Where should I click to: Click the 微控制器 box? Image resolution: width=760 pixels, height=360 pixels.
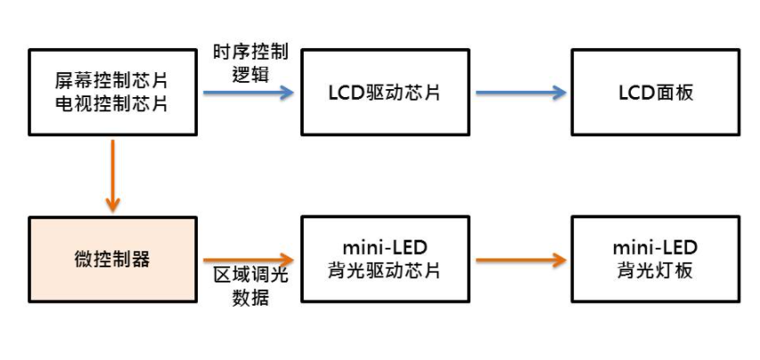112,258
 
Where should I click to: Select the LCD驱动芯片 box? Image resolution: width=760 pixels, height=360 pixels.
385,93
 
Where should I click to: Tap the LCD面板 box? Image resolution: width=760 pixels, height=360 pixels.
655,93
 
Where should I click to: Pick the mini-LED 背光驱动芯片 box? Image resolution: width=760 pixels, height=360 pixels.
385,258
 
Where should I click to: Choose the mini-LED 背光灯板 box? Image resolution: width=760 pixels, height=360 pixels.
655,258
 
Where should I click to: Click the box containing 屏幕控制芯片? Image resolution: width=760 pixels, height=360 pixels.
112,93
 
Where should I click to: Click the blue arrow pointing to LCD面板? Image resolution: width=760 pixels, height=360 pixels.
521,93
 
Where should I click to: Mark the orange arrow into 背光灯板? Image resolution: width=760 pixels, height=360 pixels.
521,259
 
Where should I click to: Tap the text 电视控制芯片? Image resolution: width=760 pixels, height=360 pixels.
112,104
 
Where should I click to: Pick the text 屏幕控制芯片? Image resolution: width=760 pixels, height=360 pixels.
112,82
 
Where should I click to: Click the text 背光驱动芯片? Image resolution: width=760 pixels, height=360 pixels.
385,270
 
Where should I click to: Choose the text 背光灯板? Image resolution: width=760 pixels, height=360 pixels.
655,270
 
